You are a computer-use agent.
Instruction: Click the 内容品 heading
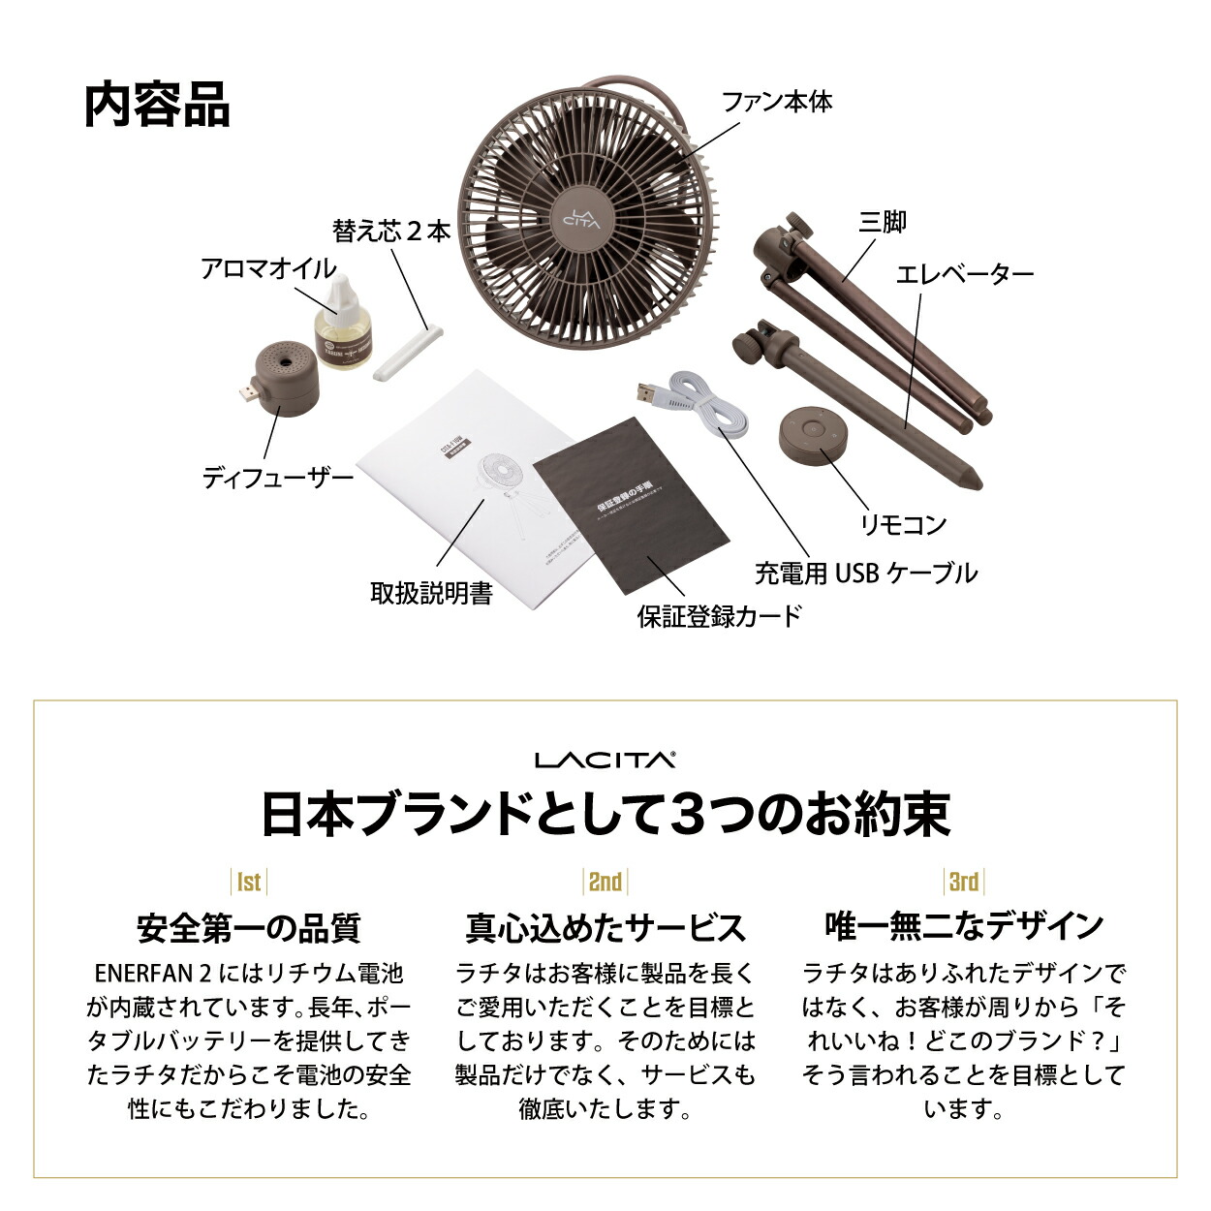(157, 106)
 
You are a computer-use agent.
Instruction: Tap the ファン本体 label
(777, 101)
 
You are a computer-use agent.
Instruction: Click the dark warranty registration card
(632, 504)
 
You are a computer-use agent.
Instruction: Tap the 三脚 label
(883, 222)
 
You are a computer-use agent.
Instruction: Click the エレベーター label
(965, 274)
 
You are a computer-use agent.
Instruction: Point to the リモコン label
(904, 524)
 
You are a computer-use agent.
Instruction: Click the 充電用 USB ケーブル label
(866, 573)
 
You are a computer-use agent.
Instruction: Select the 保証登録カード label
(720, 615)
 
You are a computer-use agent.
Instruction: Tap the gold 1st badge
(249, 881)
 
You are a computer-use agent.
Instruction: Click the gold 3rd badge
(963, 881)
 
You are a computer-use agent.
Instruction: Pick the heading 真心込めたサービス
(605, 927)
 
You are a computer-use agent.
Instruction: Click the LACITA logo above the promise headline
(605, 760)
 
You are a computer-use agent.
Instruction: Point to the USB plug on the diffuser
(246, 394)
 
